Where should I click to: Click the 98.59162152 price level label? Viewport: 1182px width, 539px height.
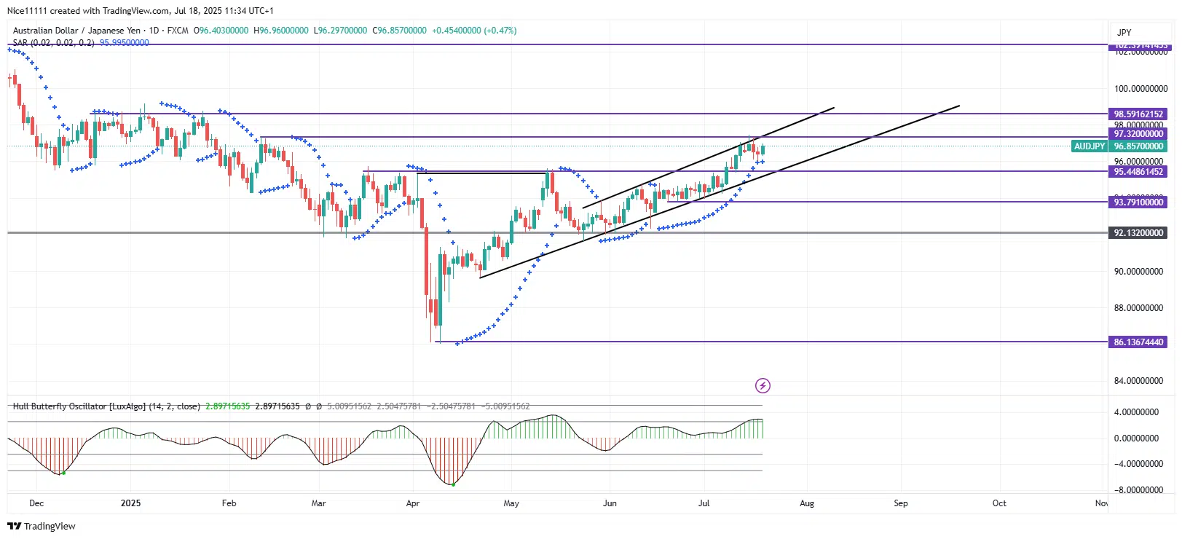pos(1138,114)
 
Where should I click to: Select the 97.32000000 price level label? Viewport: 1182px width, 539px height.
pos(1138,134)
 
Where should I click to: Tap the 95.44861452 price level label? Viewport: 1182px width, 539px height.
pos(1138,172)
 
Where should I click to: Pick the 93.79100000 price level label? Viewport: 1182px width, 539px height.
pos(1138,202)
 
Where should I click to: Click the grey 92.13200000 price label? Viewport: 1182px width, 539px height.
pos(1138,233)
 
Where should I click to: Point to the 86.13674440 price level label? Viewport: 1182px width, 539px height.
pos(1138,342)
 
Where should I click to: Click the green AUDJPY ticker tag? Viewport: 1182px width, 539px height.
pos(1090,146)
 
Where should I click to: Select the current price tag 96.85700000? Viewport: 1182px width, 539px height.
pos(1138,146)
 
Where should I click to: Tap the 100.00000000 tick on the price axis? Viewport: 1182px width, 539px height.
pos(1140,89)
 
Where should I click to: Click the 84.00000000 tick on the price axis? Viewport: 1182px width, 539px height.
pos(1138,381)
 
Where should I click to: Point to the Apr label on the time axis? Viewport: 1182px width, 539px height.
pos(413,503)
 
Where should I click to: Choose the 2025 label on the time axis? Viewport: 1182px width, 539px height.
pos(131,503)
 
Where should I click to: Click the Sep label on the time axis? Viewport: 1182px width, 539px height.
pos(901,503)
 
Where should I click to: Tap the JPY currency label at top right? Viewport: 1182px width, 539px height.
pos(1124,33)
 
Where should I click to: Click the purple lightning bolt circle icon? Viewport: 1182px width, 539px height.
pos(763,385)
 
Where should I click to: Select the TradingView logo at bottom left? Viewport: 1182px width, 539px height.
pos(42,527)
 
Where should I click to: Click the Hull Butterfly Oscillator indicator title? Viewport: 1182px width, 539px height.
pos(106,406)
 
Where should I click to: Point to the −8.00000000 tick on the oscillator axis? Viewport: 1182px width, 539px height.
pos(1138,490)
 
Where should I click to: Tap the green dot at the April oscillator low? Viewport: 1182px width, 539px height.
pos(453,484)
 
